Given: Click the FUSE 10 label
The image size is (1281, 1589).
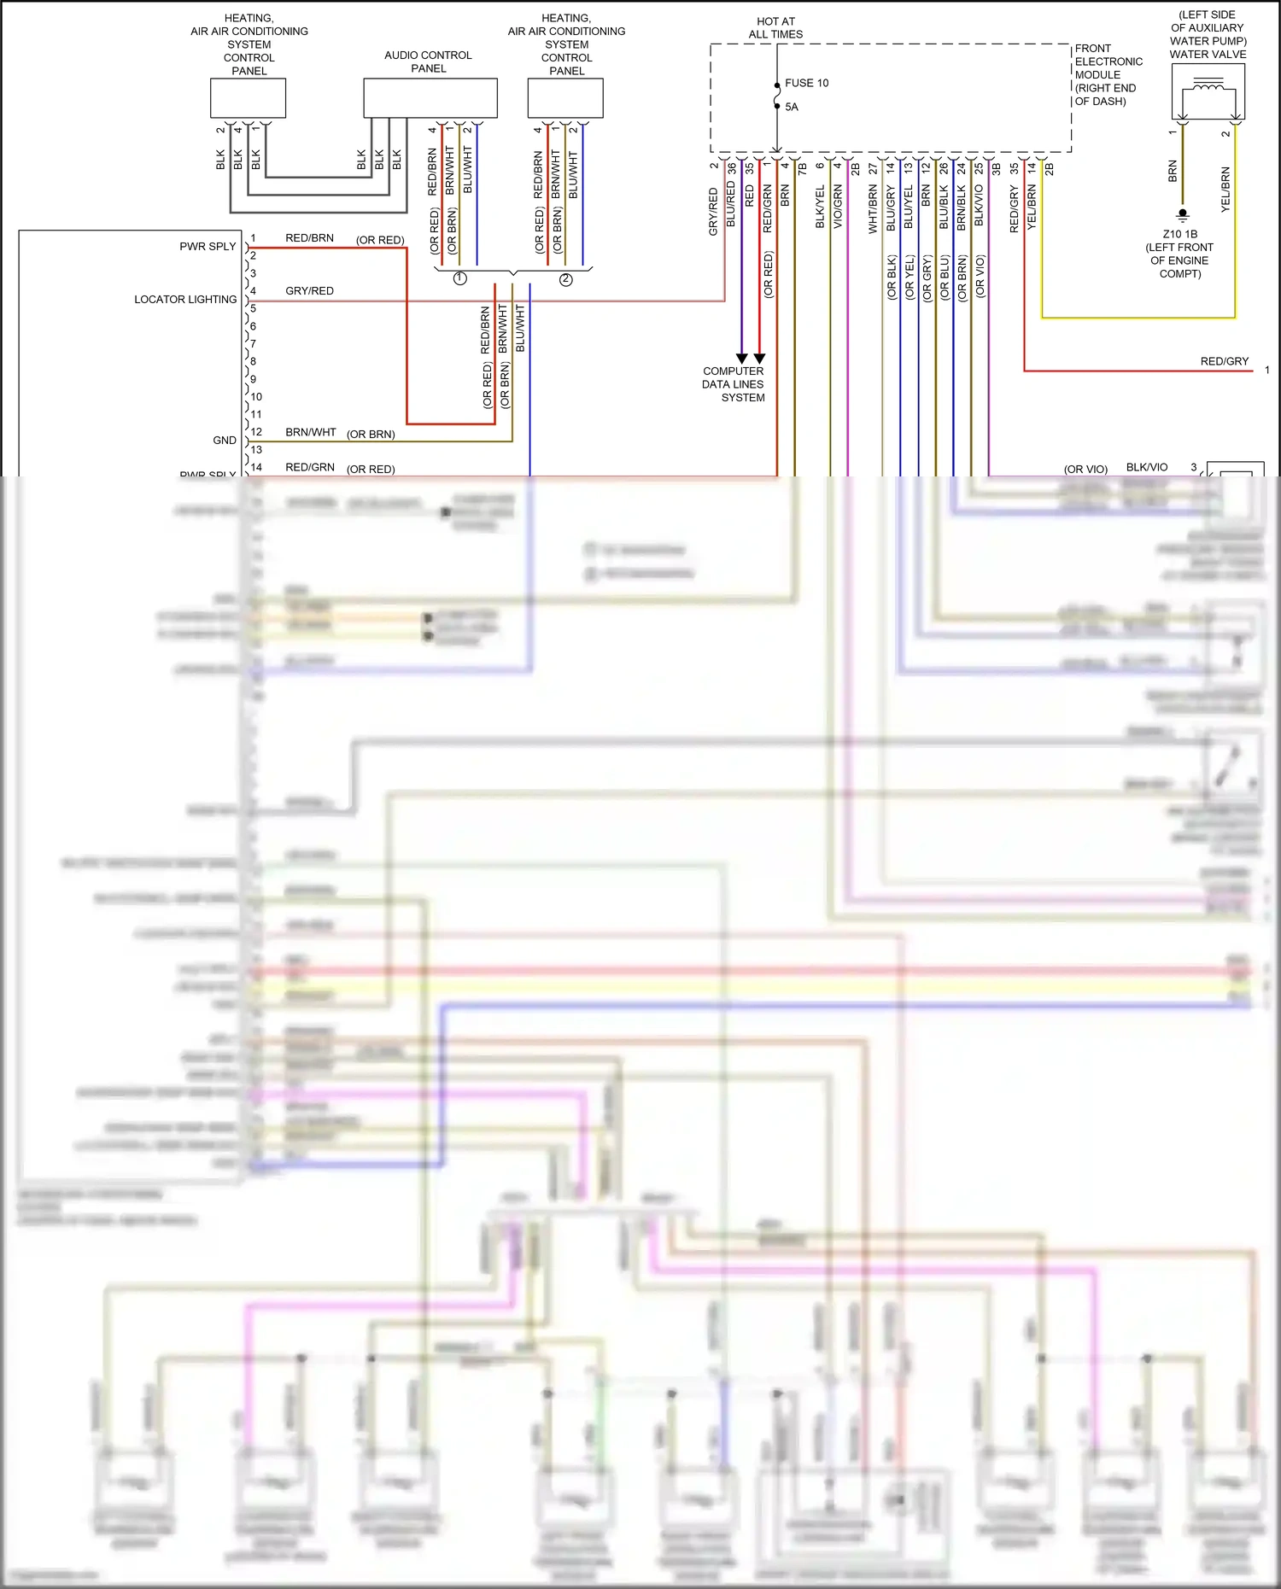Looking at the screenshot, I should click(x=806, y=83).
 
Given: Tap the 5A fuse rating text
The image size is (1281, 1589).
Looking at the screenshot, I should click(x=792, y=107).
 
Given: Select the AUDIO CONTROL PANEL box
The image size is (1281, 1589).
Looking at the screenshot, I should click(x=430, y=98).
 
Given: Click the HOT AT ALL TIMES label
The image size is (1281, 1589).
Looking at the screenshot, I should click(x=775, y=28).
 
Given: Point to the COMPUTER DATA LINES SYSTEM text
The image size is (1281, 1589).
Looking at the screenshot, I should click(x=734, y=384).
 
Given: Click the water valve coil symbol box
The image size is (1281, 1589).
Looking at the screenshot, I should click(x=1208, y=91).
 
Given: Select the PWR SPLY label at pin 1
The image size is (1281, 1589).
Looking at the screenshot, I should click(x=208, y=246).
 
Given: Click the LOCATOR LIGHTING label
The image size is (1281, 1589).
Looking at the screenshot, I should click(x=185, y=299).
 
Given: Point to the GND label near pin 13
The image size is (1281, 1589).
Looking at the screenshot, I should click(x=225, y=441).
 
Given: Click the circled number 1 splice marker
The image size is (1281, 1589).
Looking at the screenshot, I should click(x=459, y=279).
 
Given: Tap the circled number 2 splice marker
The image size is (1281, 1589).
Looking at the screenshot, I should click(x=565, y=279).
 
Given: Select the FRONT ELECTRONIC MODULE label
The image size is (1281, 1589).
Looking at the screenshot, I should click(x=1108, y=74).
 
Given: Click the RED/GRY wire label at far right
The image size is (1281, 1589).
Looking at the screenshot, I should click(x=1224, y=361).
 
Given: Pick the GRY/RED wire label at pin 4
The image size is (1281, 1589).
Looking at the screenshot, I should click(x=309, y=290).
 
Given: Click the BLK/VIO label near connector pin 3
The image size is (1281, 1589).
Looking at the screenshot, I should click(x=1146, y=467).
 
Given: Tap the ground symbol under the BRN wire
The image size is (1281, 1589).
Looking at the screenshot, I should click(x=1182, y=214).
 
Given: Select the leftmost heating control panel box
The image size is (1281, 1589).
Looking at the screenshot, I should click(x=248, y=98).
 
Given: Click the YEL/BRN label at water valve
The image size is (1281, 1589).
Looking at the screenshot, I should click(x=1225, y=190).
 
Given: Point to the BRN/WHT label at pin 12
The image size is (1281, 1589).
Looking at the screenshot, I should click(x=310, y=432).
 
